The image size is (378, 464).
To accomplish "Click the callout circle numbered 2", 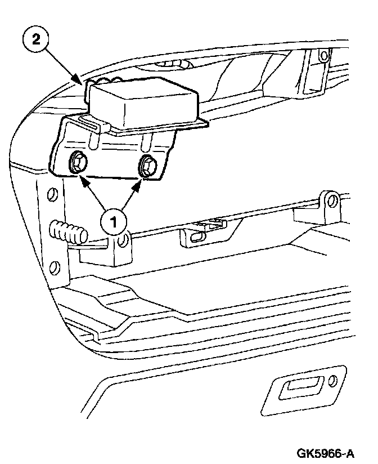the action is coord(37,41).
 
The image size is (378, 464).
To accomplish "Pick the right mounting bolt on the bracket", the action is coord(148,166).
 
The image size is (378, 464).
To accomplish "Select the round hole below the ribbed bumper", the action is coord(55,266).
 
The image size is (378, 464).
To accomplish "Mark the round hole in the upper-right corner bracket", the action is coord(322,57).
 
